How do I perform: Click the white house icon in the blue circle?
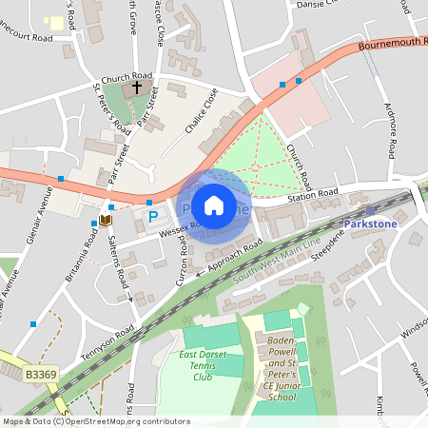pyautogui.click(x=214, y=205)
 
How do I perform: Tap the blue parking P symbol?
pyautogui.click(x=153, y=219)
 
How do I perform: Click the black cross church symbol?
pyautogui.click(x=137, y=88)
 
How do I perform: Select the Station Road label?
pyautogui.click(x=314, y=193)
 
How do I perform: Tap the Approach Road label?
pyautogui.click(x=228, y=259)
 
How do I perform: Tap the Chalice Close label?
pyautogui.click(x=203, y=108)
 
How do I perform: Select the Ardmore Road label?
pyautogui.click(x=389, y=129)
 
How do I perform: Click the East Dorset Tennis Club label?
pyautogui.click(x=203, y=365)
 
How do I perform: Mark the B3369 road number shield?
pyautogui.click(x=42, y=376)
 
